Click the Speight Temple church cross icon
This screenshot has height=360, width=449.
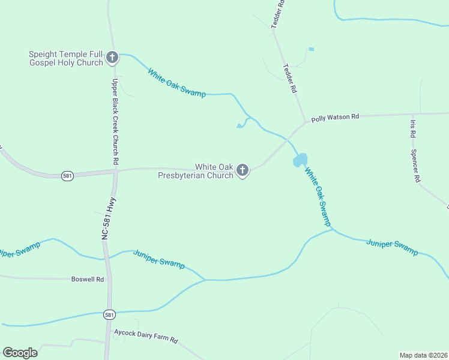112,58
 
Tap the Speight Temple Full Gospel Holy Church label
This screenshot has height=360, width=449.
66,58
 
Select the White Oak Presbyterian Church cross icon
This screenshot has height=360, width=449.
243,171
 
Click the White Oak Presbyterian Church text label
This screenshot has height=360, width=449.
196,171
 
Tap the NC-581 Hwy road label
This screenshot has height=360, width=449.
109,219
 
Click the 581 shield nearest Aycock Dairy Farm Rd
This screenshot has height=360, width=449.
109,314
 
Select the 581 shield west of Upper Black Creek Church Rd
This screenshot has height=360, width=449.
67,176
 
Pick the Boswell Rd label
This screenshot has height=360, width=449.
88,279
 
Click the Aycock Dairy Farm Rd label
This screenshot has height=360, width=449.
146,335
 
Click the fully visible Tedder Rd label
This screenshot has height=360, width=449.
290,78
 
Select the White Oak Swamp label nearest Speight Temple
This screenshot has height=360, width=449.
176,83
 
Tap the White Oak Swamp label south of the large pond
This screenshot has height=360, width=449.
317,196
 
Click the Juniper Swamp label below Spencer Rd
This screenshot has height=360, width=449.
391,247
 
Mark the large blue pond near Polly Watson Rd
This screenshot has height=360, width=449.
300,160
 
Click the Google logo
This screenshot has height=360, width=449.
20,352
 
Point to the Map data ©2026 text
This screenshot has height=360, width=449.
423,355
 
